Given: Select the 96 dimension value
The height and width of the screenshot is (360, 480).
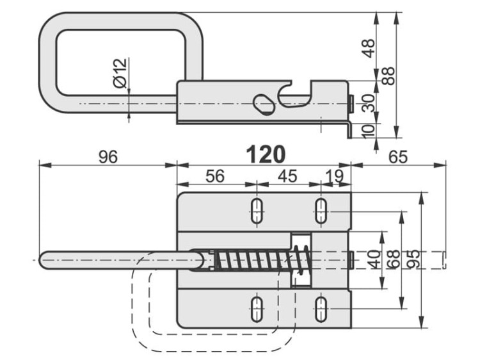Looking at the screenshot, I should click(x=108, y=156).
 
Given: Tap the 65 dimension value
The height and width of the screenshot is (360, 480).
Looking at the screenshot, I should click(x=398, y=156).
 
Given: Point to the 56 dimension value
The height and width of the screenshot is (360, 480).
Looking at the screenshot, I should click(x=216, y=176).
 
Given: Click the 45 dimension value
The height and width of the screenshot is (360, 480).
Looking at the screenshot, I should click(x=290, y=176).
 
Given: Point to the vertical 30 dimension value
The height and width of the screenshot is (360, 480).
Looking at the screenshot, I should click(x=369, y=102).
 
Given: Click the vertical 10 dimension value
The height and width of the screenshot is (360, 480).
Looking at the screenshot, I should click(x=369, y=129).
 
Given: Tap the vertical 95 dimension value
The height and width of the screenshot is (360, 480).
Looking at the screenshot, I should click(x=413, y=259).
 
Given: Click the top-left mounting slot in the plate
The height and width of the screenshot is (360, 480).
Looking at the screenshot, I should click(x=257, y=212).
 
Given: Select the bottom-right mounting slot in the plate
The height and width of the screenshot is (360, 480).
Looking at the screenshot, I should click(x=321, y=309).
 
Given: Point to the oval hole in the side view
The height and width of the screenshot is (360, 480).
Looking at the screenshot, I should click(x=264, y=102).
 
